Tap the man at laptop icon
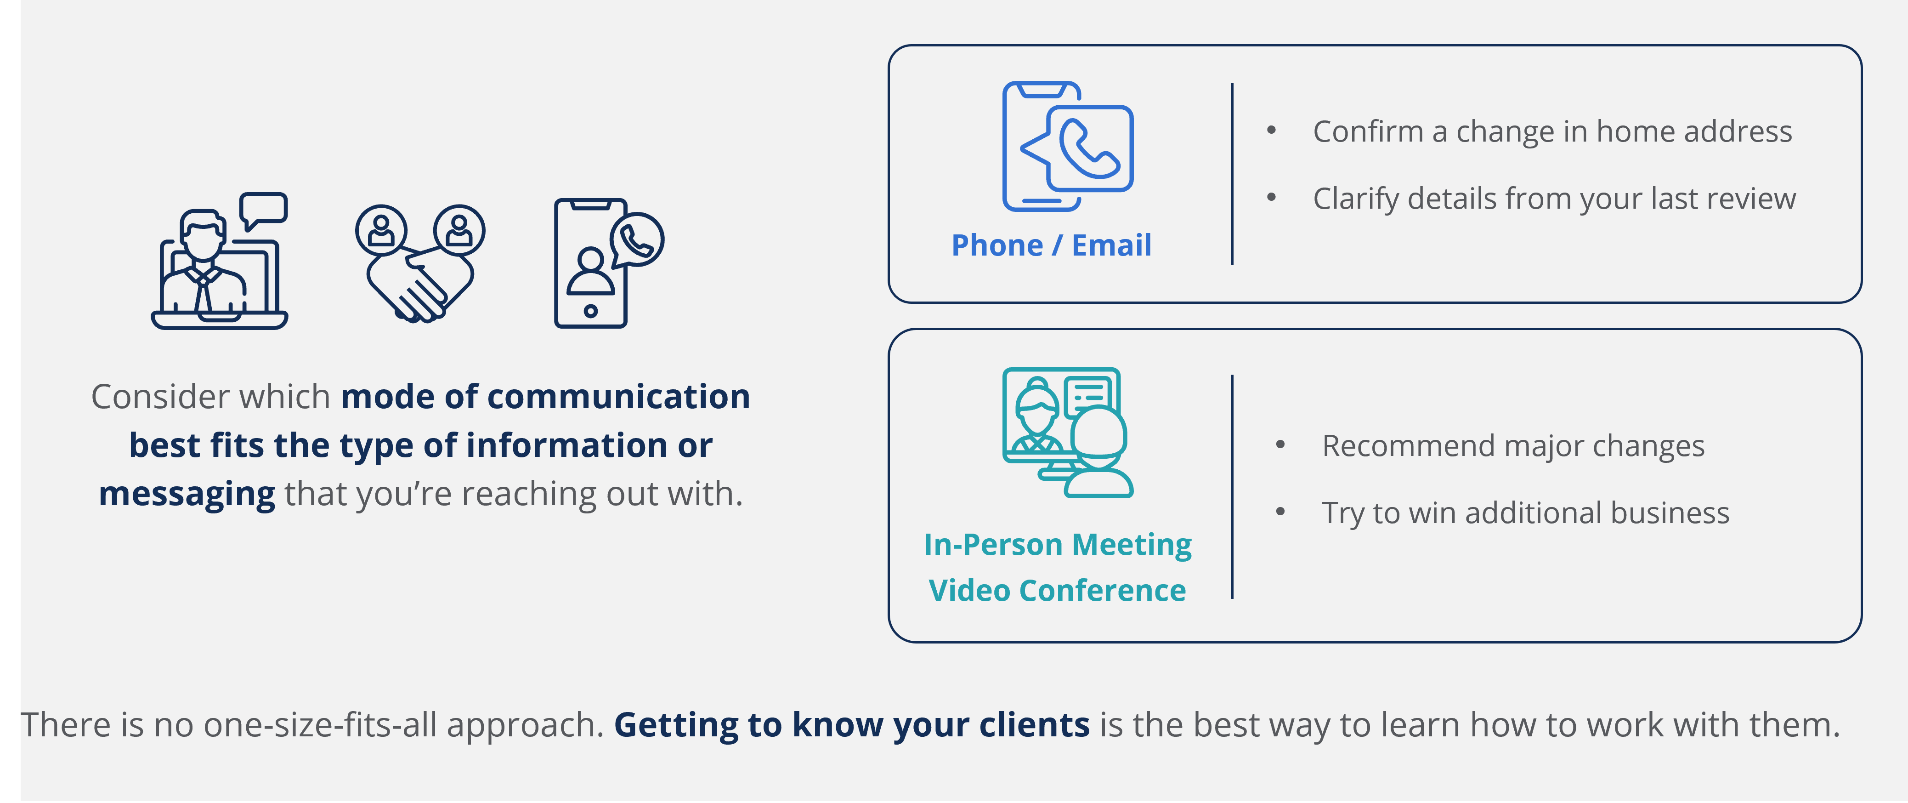pos(219,261)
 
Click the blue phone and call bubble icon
pos(1067,146)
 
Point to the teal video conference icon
pos(1067,433)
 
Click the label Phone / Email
pos(1051,245)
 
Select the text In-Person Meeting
pos(1058,545)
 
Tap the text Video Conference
pos(1058,590)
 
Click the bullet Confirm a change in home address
pos(1552,132)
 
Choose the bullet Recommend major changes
pos(1513,446)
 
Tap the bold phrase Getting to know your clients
pos(852,725)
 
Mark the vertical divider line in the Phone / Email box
pos(1233,173)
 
